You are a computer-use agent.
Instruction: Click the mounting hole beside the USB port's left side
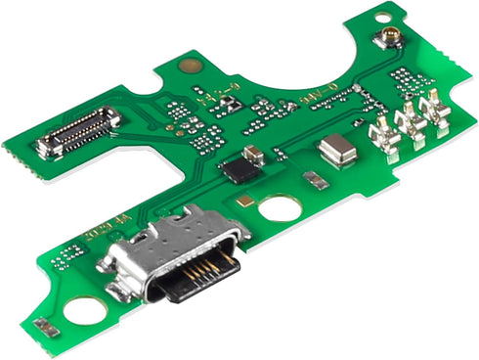(x=86, y=310)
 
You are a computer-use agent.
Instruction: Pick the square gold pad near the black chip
(x=244, y=200)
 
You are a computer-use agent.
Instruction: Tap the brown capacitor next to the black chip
(x=255, y=153)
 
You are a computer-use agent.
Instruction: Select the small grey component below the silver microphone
(x=314, y=180)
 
